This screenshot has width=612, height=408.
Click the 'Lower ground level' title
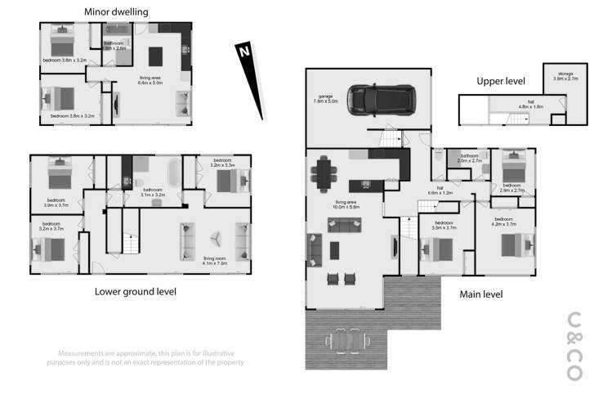pos(136,291)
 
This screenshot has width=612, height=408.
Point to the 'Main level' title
pos(481,294)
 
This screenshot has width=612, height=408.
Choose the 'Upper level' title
pos(501,81)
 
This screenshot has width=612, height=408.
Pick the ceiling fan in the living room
pos(217,237)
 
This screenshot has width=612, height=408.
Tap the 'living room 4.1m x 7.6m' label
pos(215,261)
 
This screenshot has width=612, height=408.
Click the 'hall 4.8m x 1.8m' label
pos(531,105)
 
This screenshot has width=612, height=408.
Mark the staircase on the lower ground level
pos(127,242)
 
